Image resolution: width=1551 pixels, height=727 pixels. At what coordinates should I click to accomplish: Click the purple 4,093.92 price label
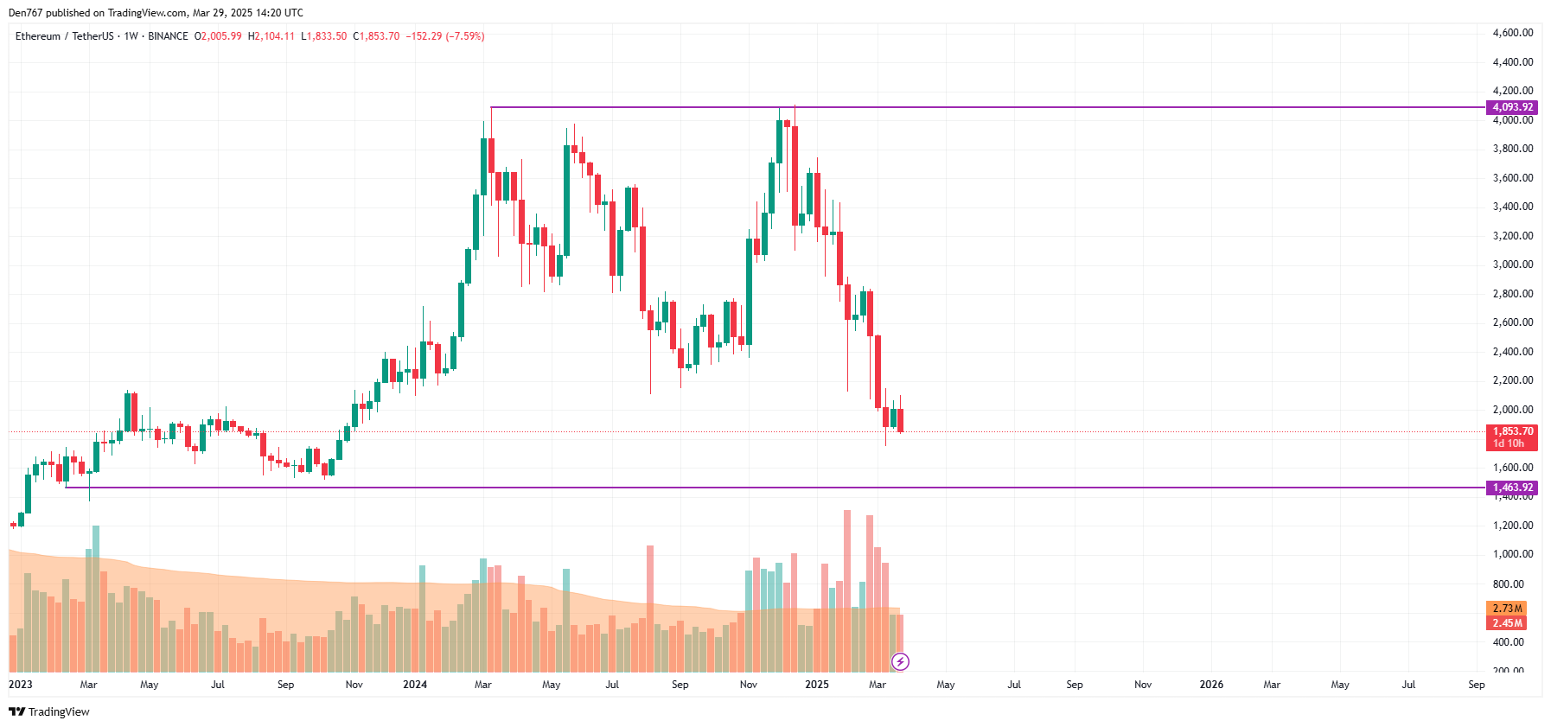pos(1512,107)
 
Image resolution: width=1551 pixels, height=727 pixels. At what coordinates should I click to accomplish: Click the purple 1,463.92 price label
pos(1512,488)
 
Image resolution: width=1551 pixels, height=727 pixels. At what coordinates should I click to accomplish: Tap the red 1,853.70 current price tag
pos(1512,431)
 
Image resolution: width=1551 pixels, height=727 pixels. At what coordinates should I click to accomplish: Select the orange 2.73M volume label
pos(1507,609)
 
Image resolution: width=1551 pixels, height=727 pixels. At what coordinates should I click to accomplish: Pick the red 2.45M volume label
pos(1507,623)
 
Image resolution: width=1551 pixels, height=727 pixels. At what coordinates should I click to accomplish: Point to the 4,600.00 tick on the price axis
pos(1512,33)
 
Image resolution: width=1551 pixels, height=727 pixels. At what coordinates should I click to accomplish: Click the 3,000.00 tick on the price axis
pos(1512,265)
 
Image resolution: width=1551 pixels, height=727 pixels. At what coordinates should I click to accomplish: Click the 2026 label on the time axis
pos(1211,685)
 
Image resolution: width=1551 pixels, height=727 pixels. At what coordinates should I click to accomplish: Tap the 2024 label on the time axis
pos(415,685)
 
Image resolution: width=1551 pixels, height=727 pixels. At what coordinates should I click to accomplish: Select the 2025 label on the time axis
pos(816,685)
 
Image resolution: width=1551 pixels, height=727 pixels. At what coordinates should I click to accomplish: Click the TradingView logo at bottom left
pos(49,711)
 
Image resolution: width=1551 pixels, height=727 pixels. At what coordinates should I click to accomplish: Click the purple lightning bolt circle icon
pos(900,662)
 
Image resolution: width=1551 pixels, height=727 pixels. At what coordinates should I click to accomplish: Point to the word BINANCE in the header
pos(168,36)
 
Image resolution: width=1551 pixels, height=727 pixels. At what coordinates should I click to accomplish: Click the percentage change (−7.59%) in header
pos(465,36)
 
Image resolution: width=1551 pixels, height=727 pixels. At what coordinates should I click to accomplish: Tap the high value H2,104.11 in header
pos(271,36)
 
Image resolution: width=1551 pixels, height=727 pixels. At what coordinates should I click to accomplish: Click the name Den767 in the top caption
pos(24,13)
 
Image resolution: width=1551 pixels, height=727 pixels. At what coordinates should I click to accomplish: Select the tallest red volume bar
pos(847,588)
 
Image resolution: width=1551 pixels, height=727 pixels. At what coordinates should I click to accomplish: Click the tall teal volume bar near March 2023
pos(95,596)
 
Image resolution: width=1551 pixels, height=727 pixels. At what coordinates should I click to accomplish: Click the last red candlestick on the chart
pos(900,420)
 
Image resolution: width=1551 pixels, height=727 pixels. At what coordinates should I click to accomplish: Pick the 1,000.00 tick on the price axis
pos(1512,554)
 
